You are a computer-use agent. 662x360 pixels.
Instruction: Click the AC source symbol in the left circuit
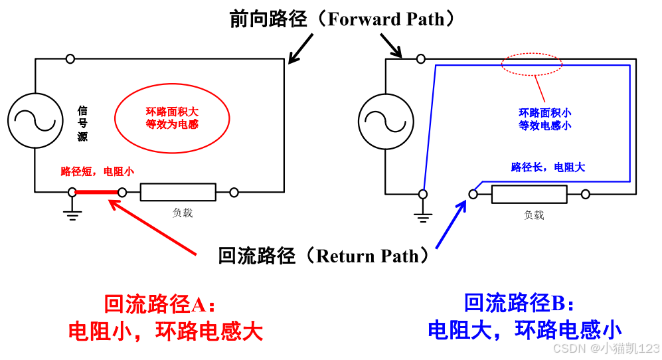32,120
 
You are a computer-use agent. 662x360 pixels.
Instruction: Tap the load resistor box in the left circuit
178,193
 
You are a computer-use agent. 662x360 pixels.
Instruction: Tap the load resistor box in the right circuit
529,195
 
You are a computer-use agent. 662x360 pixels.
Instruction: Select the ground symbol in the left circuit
72,212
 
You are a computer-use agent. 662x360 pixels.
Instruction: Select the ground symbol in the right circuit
422,215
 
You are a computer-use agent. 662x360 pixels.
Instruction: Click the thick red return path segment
97,193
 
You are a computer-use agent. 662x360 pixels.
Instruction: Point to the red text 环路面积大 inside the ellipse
172,112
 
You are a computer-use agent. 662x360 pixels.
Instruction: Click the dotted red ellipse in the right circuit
531,65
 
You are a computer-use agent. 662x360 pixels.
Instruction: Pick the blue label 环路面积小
544,113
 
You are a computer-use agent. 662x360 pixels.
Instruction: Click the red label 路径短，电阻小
97,171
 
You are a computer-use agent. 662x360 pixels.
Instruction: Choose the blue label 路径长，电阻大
548,167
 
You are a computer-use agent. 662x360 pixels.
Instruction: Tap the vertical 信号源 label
82,124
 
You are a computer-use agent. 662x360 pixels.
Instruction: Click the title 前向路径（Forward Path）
344,19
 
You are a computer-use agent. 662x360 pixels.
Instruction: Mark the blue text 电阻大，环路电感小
525,330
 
